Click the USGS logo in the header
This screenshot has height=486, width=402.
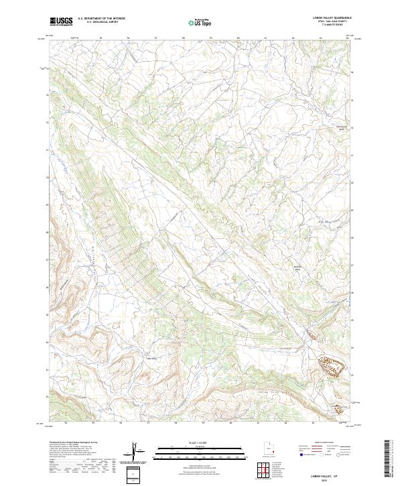tap(61, 21)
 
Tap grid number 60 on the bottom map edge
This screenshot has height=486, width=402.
tap(230, 423)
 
